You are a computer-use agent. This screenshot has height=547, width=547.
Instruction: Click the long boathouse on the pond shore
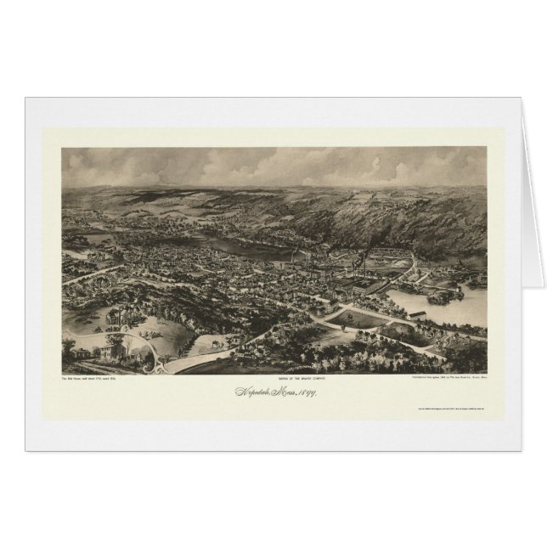pyautogui.click(x=417, y=315)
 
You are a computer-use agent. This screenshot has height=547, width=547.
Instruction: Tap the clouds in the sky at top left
pyautogui.click(x=127, y=161)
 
